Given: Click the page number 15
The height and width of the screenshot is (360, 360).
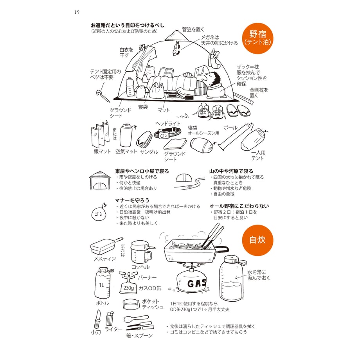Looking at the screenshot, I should pos(77,12).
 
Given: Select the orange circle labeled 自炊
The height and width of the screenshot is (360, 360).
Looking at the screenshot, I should pos(257,240).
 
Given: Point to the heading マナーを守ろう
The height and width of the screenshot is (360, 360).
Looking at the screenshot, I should pos(132,200).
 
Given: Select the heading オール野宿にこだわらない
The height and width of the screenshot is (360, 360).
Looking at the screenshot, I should pos(239,206).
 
